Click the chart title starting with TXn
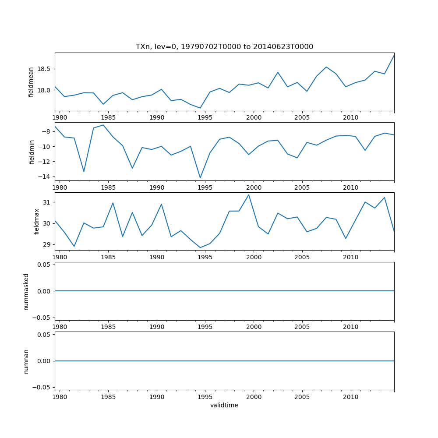pyautogui.click(x=224, y=47)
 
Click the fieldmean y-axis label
pyautogui.click(x=31, y=82)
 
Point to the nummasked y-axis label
pyautogui.click(x=26, y=291)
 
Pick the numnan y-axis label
pyautogui.click(x=26, y=361)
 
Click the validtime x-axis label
pyautogui.click(x=224, y=406)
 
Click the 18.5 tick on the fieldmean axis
pyautogui.click(x=43, y=69)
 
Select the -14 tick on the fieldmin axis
pyautogui.click(x=45, y=177)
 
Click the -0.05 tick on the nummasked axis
pyautogui.click(x=41, y=317)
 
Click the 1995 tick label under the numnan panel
pyautogui.click(x=205, y=397)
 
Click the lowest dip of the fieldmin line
pyautogui.click(x=200, y=178)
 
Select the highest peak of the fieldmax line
pyautogui.click(x=249, y=195)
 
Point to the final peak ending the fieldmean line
pyautogui.click(x=394, y=55)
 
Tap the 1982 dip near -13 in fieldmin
pyautogui.click(x=84, y=171)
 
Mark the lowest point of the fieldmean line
pyautogui.click(x=200, y=108)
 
